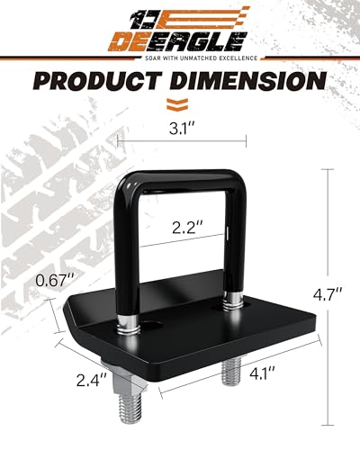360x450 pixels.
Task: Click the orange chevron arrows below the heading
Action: (180, 102)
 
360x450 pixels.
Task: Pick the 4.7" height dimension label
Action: (333, 292)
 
